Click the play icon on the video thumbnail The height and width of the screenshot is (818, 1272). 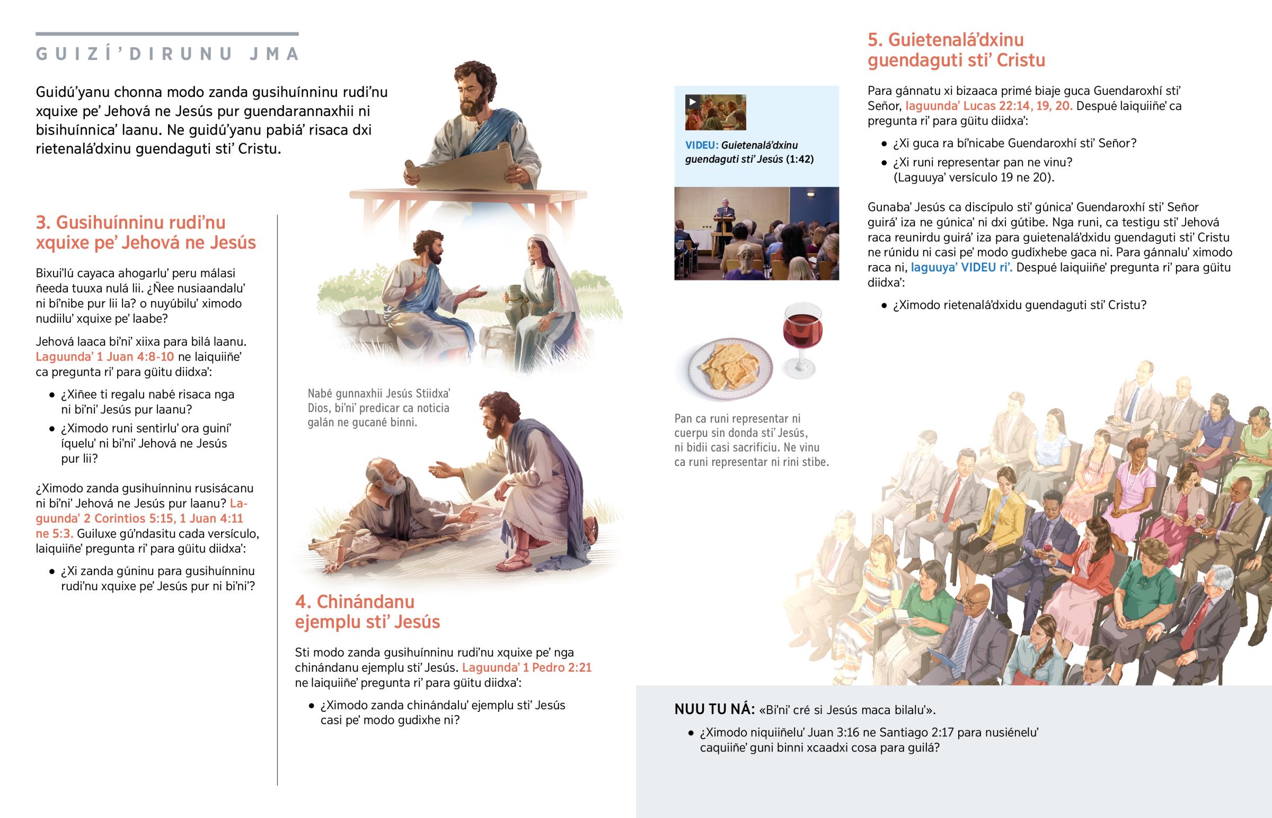tap(692, 101)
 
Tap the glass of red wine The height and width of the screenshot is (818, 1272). tap(802, 340)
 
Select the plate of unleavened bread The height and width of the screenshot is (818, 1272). tap(730, 367)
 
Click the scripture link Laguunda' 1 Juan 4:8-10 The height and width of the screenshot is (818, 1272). tap(104, 356)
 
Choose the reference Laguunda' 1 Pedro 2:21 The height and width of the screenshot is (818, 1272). tap(527, 667)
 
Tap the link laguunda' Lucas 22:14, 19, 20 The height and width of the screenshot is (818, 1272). tap(988, 105)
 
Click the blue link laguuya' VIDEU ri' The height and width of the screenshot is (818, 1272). tap(961, 267)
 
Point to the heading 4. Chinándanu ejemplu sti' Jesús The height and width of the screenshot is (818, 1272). tap(367, 611)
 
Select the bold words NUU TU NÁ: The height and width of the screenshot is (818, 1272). tap(714, 709)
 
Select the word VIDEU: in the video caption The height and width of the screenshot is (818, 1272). tap(701, 145)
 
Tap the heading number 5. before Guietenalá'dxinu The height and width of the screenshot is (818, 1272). tap(876, 40)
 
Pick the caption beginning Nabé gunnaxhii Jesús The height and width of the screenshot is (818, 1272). tap(379, 408)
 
